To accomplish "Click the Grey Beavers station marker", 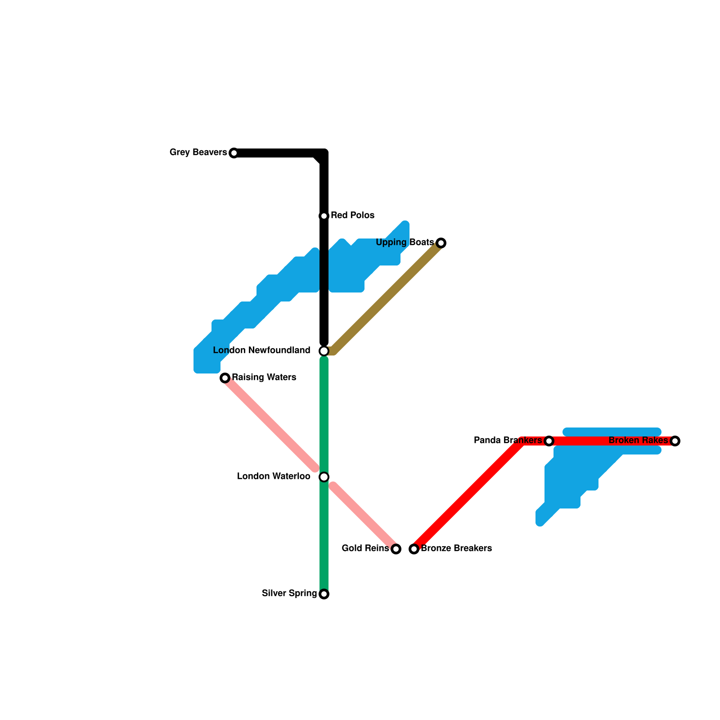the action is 234,153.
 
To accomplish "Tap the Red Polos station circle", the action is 324,216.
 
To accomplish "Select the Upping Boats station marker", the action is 441,243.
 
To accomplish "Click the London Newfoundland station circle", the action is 324,351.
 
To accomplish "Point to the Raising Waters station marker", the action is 225,378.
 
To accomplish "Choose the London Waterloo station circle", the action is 324,477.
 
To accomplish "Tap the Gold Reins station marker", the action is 396,549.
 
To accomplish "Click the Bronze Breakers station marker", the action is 414,549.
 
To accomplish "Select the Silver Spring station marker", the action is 324,594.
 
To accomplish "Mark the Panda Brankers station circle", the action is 549,441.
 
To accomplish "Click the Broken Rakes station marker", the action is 675,441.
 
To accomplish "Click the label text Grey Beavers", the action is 198,153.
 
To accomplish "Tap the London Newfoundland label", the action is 261,351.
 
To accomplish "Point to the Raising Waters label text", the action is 264,378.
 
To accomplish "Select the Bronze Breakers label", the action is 456,549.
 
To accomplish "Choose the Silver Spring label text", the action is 289,594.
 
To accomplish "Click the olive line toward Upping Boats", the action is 387,297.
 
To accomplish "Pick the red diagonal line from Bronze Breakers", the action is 468,495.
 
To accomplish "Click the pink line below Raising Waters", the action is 270,423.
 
